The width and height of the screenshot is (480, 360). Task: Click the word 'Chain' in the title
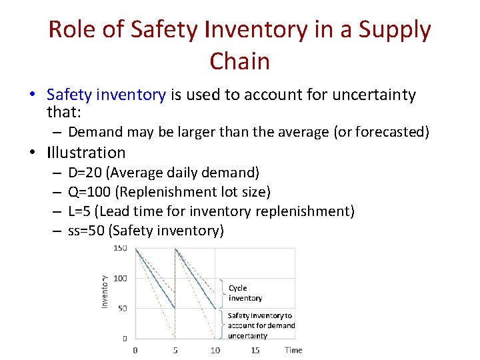[239, 61]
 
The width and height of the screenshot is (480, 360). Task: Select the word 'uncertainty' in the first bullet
[377, 95]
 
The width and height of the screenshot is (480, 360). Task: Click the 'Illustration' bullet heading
[86, 153]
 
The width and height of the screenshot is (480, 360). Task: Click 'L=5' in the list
[81, 212]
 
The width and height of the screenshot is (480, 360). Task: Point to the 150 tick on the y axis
[120, 248]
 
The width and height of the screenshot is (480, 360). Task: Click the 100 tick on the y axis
[120, 278]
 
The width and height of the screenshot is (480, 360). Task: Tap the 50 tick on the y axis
[122, 308]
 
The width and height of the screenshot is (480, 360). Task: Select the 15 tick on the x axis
[255, 350]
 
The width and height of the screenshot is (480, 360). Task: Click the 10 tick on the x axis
[215, 350]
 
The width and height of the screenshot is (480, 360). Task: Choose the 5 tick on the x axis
[175, 350]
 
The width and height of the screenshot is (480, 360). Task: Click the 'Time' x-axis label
[293, 350]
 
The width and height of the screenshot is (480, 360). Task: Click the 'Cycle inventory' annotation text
[245, 293]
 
